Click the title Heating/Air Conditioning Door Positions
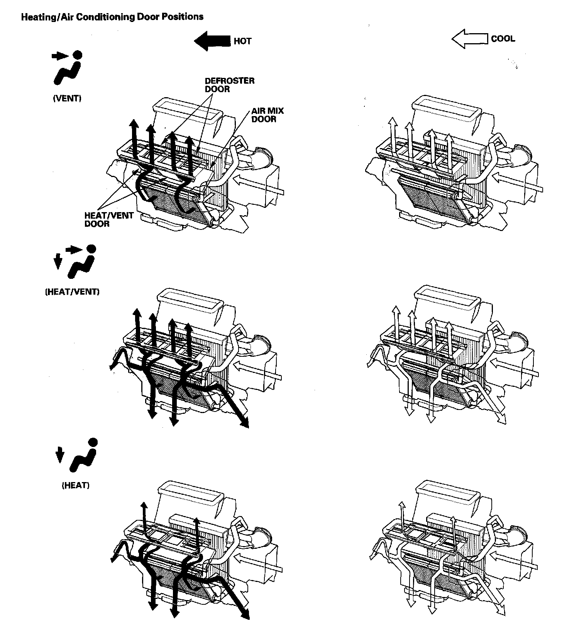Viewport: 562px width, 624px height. [112, 17]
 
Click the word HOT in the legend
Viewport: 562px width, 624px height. [242, 41]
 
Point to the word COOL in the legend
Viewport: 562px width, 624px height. [503, 39]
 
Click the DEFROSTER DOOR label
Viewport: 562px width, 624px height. [229, 85]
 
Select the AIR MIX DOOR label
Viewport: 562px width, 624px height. [267, 115]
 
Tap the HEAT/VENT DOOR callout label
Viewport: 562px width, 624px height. [109, 219]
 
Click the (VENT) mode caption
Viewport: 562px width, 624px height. [67, 98]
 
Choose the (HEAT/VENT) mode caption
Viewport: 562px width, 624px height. [72, 292]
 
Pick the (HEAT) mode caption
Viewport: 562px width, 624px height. [76, 486]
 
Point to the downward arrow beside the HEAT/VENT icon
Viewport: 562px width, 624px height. [58, 262]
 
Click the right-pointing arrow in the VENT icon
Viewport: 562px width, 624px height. [59, 56]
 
